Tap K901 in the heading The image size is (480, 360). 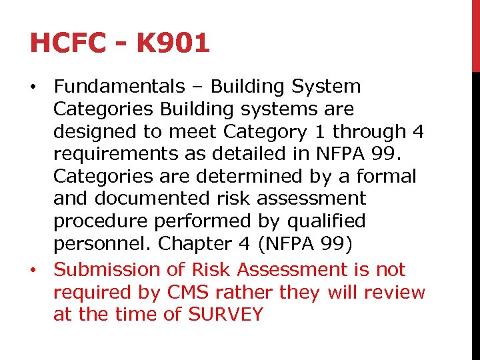[172, 43]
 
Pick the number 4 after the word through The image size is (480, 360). [418, 131]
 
